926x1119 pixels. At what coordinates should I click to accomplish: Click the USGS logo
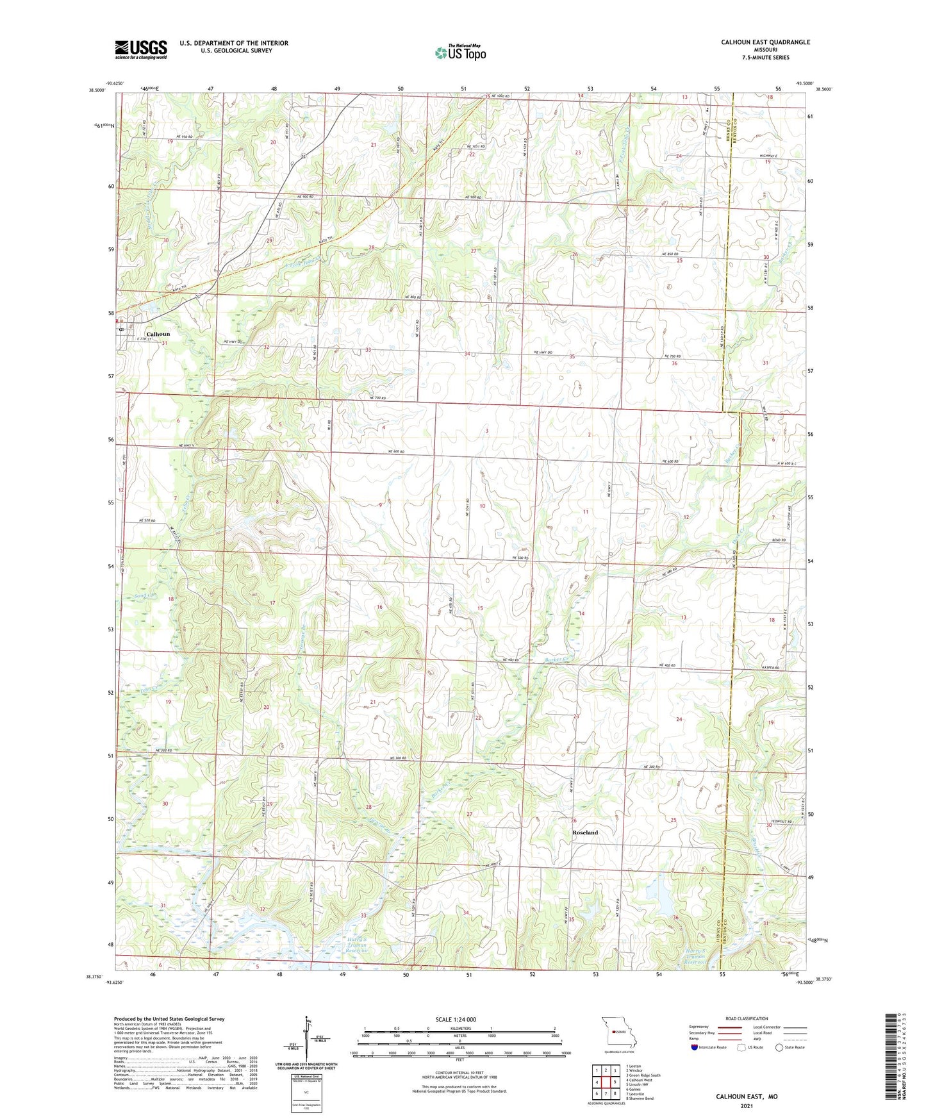point(141,49)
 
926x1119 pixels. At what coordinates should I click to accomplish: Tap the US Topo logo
point(460,53)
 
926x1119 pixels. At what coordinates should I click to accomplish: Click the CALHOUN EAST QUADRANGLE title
point(765,42)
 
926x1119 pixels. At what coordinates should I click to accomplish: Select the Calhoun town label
point(158,335)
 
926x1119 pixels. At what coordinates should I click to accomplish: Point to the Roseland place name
point(584,833)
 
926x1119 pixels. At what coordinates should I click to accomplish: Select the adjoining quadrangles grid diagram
point(605,1082)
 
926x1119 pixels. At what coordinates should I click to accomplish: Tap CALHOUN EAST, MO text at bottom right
point(747,1097)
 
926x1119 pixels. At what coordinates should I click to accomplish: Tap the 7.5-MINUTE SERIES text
point(765,58)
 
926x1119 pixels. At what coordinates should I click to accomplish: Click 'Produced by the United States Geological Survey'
point(169,1019)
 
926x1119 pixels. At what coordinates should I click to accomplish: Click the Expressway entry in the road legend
point(699,1027)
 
